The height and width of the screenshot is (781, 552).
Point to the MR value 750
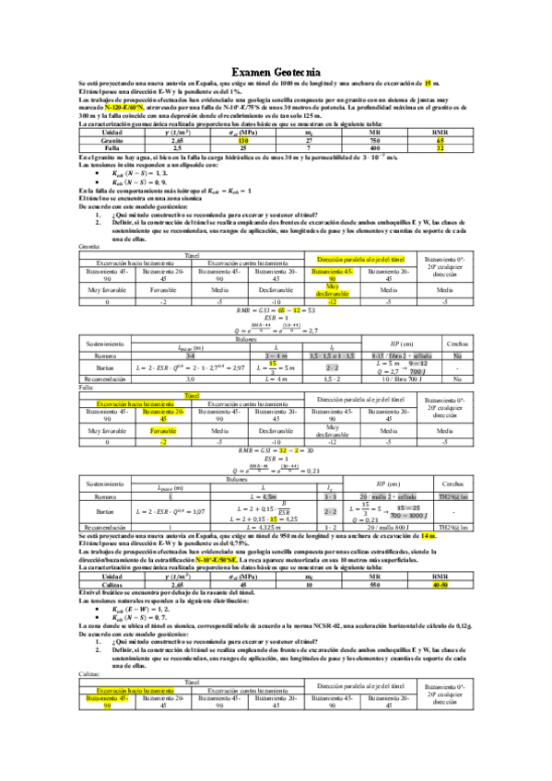[375, 139]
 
